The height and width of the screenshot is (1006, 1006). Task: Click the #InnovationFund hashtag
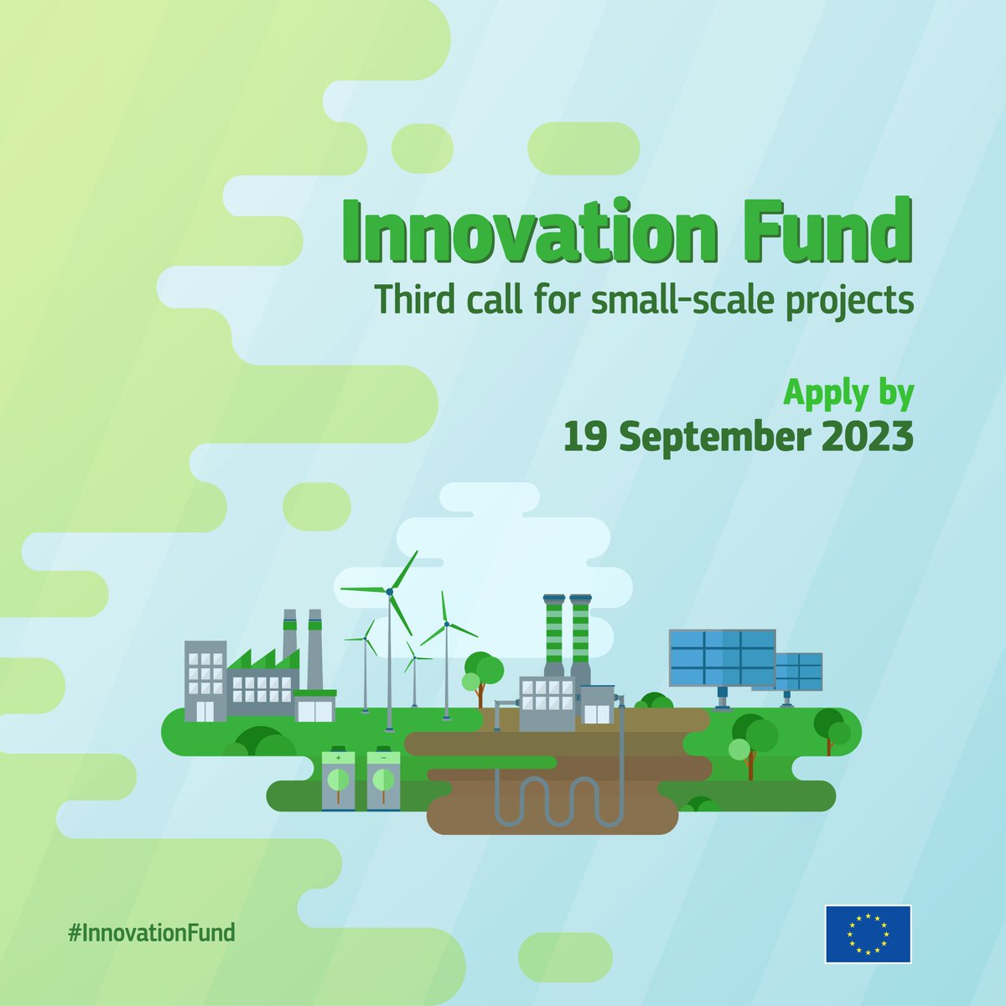[x=151, y=932]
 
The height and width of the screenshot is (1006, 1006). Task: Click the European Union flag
[x=868, y=933]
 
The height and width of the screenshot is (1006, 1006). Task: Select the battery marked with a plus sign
[x=339, y=780]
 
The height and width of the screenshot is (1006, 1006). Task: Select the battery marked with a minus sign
[x=383, y=780]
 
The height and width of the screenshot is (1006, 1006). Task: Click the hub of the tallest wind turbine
[x=389, y=591]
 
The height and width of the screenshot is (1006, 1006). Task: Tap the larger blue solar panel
[x=721, y=659]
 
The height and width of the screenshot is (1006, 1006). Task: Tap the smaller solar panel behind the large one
[x=799, y=671]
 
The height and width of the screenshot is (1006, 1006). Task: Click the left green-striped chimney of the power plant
[x=553, y=633]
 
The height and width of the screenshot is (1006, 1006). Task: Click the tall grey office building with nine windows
[x=205, y=681]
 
